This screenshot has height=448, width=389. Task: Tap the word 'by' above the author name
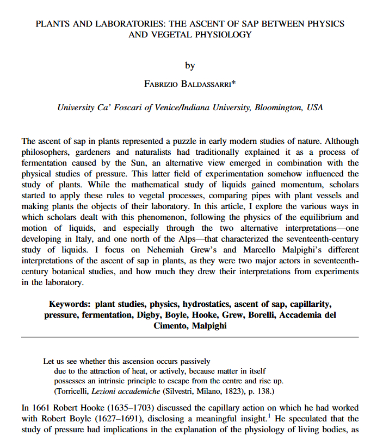[x=190, y=66]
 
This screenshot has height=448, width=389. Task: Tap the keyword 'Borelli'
[x=259, y=315]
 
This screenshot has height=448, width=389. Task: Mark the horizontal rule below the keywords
[x=190, y=338]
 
